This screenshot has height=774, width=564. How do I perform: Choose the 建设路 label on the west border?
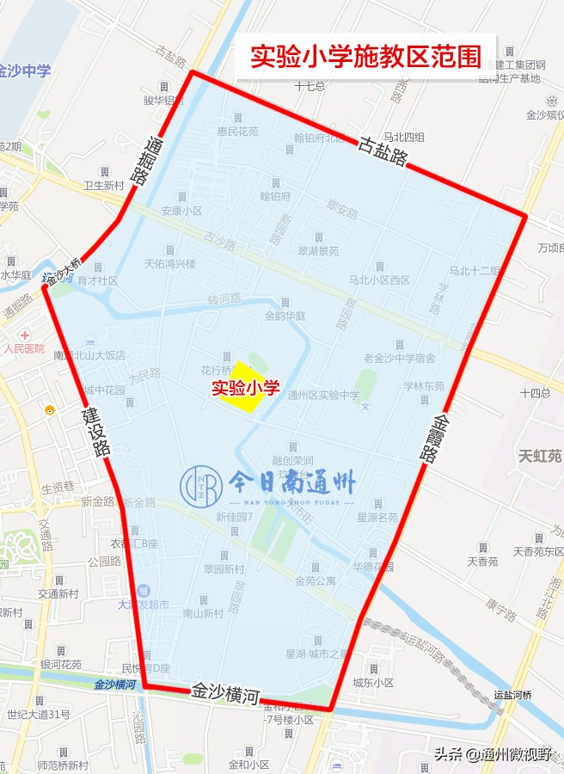tap(95, 432)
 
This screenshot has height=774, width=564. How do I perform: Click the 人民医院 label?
tap(24, 348)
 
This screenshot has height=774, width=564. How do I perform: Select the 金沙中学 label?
tap(25, 71)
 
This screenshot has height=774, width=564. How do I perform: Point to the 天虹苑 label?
tap(540, 455)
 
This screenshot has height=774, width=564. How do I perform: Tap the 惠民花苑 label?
tap(237, 132)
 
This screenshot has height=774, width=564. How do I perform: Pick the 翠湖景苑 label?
tap(318, 251)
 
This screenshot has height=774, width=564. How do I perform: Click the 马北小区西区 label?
tap(378, 280)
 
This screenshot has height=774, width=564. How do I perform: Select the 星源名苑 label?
tap(377, 518)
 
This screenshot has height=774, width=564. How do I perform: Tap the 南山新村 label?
tap(203, 613)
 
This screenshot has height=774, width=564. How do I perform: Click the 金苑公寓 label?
tap(315, 581)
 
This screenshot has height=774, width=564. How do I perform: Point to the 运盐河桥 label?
tap(513, 695)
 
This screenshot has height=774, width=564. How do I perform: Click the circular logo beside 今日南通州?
tap(200, 485)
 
